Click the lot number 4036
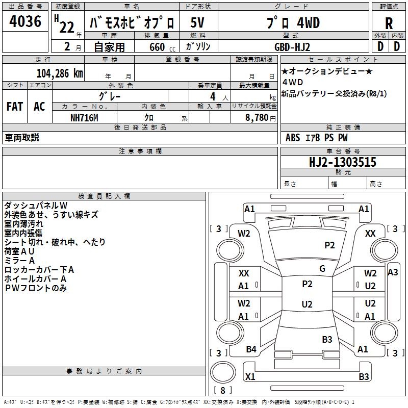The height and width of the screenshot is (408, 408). click(x=25, y=21)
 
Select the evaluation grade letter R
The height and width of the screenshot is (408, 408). click(x=389, y=23)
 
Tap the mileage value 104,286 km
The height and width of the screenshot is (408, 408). click(x=60, y=73)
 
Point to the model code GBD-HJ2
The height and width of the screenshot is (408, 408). click(x=292, y=47)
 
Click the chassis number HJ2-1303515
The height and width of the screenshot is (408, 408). click(x=343, y=162)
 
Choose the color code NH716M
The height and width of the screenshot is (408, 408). click(x=84, y=118)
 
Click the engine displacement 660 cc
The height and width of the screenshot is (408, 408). click(x=162, y=47)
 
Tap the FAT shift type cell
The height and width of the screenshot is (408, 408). click(x=15, y=107)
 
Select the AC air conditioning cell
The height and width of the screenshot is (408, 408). click(x=39, y=107)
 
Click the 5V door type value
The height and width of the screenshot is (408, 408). click(x=197, y=22)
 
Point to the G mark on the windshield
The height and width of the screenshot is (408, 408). click(x=322, y=268)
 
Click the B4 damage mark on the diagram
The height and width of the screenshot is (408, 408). click(x=251, y=349)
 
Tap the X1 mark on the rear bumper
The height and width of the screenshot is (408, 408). click(x=250, y=376)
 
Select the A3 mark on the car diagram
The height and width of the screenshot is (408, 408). click(x=393, y=272)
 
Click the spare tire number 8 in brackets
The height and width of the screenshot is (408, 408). click(x=223, y=390)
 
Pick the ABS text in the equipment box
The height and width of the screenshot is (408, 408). click(x=293, y=138)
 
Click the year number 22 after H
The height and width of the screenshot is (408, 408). click(x=67, y=27)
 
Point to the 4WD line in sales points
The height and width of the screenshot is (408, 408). click(x=293, y=82)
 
